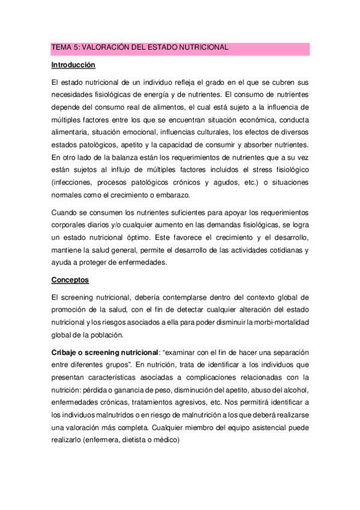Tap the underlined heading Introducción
[73, 64]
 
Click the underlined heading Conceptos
[70, 280]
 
